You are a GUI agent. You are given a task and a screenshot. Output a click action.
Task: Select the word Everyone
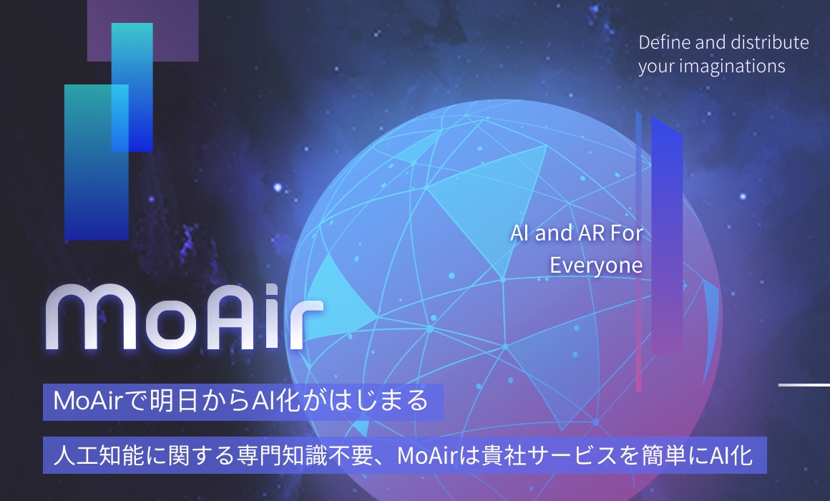tap(596, 266)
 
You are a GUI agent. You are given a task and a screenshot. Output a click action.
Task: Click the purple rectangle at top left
tap(143, 30)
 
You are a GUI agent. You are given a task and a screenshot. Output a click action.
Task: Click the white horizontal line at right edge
tap(804, 385)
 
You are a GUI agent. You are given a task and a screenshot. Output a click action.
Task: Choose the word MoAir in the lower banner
tap(427, 455)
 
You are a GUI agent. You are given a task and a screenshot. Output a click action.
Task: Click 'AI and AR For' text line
tap(577, 233)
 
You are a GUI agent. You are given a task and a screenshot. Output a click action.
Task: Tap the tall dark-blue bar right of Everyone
tap(667, 235)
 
